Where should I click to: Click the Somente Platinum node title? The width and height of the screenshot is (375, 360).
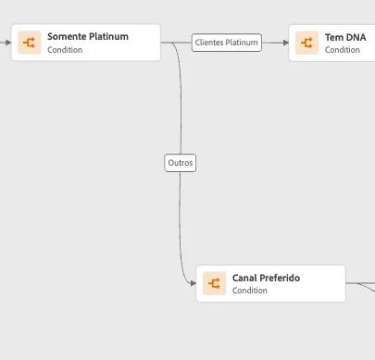coord(88,36)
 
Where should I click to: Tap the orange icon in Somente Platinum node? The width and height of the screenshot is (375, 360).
coord(30,43)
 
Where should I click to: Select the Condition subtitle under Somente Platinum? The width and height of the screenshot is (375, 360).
coord(65,50)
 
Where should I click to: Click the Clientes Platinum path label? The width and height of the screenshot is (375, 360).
coord(227,43)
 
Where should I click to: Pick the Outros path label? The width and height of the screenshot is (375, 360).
coord(181,163)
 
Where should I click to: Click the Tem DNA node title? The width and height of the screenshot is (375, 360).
coord(345,37)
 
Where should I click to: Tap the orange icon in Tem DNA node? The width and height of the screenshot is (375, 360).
coord(307,43)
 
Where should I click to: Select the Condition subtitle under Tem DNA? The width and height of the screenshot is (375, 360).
coord(343,50)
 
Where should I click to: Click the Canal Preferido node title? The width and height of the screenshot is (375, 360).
coord(266,278)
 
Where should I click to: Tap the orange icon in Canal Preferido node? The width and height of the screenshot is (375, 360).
coord(215,283)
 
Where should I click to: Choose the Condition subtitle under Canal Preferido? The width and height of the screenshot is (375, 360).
coord(250,291)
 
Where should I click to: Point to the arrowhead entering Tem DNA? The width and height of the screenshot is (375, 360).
coord(286,43)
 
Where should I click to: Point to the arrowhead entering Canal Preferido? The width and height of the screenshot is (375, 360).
coord(194,283)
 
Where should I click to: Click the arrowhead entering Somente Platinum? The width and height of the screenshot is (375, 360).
coord(8,43)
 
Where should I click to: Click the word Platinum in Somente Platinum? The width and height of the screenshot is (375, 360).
coord(108,36)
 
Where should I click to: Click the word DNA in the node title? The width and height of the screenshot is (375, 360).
coord(356,37)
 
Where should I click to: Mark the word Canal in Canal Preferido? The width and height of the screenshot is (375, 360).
coord(245,278)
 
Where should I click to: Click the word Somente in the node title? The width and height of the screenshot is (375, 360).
coord(67,36)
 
